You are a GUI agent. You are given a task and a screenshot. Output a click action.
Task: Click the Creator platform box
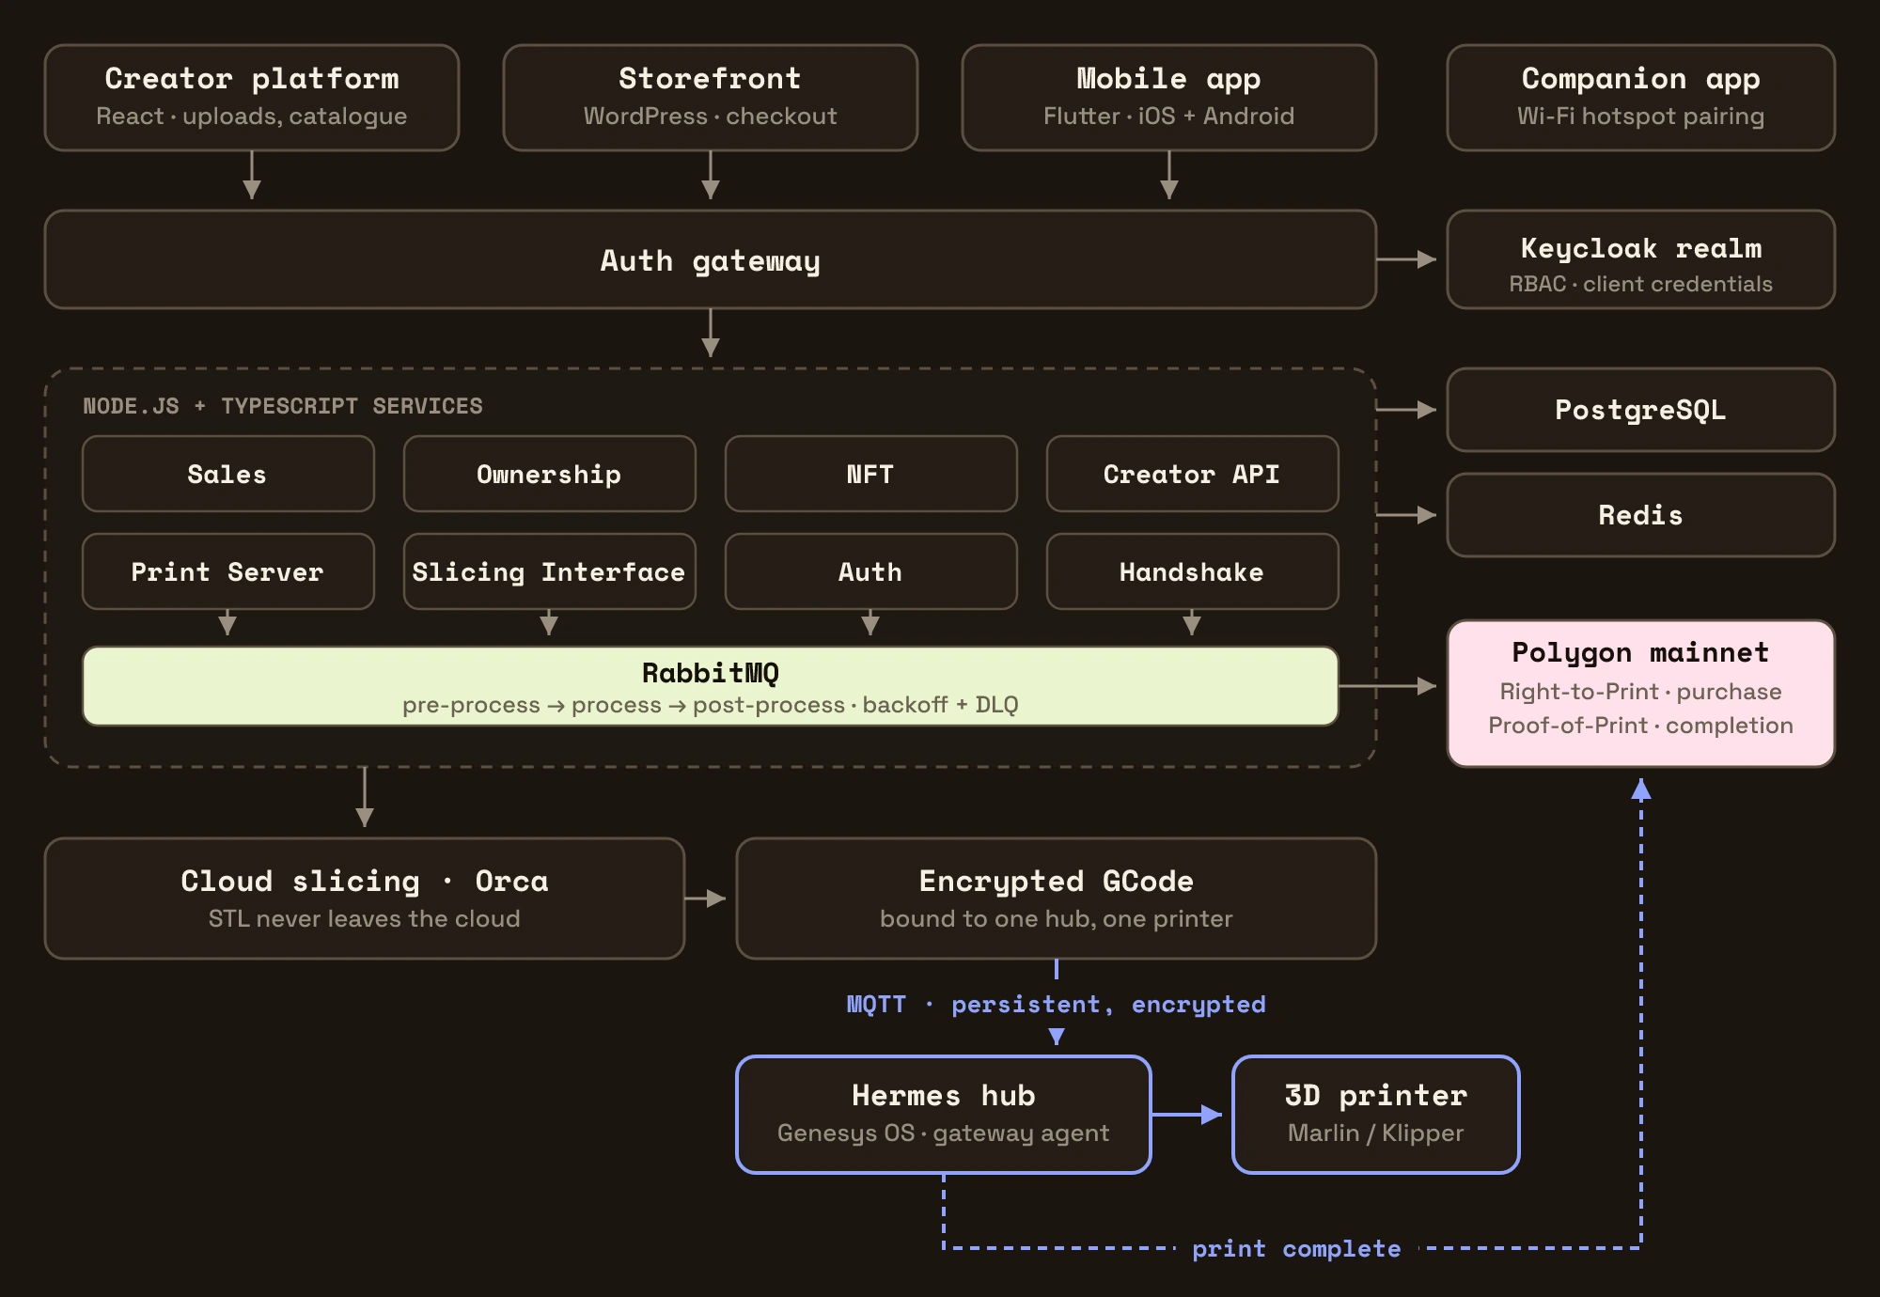coord(252,98)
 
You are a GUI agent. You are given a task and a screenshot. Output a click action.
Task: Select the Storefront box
coord(711,98)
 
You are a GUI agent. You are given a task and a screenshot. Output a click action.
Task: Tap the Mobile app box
coord(1169,98)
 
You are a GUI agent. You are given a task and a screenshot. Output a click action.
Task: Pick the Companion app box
coord(1641,98)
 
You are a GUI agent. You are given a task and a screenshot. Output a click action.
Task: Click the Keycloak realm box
coord(1641,259)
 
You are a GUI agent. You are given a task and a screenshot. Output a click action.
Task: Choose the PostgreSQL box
coord(1641,410)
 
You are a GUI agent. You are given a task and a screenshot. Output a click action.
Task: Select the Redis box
coord(1641,515)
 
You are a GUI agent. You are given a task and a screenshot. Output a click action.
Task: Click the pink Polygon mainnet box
coord(1641,694)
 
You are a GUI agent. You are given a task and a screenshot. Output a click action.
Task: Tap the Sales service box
coord(228,474)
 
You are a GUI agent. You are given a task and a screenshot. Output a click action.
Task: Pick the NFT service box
coord(871,474)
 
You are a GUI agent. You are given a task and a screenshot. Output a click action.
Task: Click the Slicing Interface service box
coord(550,571)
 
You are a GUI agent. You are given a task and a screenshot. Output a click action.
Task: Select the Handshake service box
coord(1193,571)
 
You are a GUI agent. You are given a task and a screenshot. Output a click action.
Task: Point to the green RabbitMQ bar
coord(711,686)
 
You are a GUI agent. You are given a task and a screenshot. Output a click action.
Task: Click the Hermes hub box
coord(944,1115)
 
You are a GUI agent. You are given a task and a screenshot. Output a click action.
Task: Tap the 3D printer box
coord(1376,1115)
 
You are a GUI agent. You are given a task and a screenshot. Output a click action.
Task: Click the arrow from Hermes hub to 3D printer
coord(1187,1115)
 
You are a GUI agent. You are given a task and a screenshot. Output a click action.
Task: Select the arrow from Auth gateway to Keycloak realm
coord(1406,259)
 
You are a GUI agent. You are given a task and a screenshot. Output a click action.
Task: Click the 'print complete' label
coord(1296,1248)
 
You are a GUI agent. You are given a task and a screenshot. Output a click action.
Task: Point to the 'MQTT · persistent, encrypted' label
coord(1057,1004)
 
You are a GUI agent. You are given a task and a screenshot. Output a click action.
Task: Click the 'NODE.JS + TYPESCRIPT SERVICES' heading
coord(283,406)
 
